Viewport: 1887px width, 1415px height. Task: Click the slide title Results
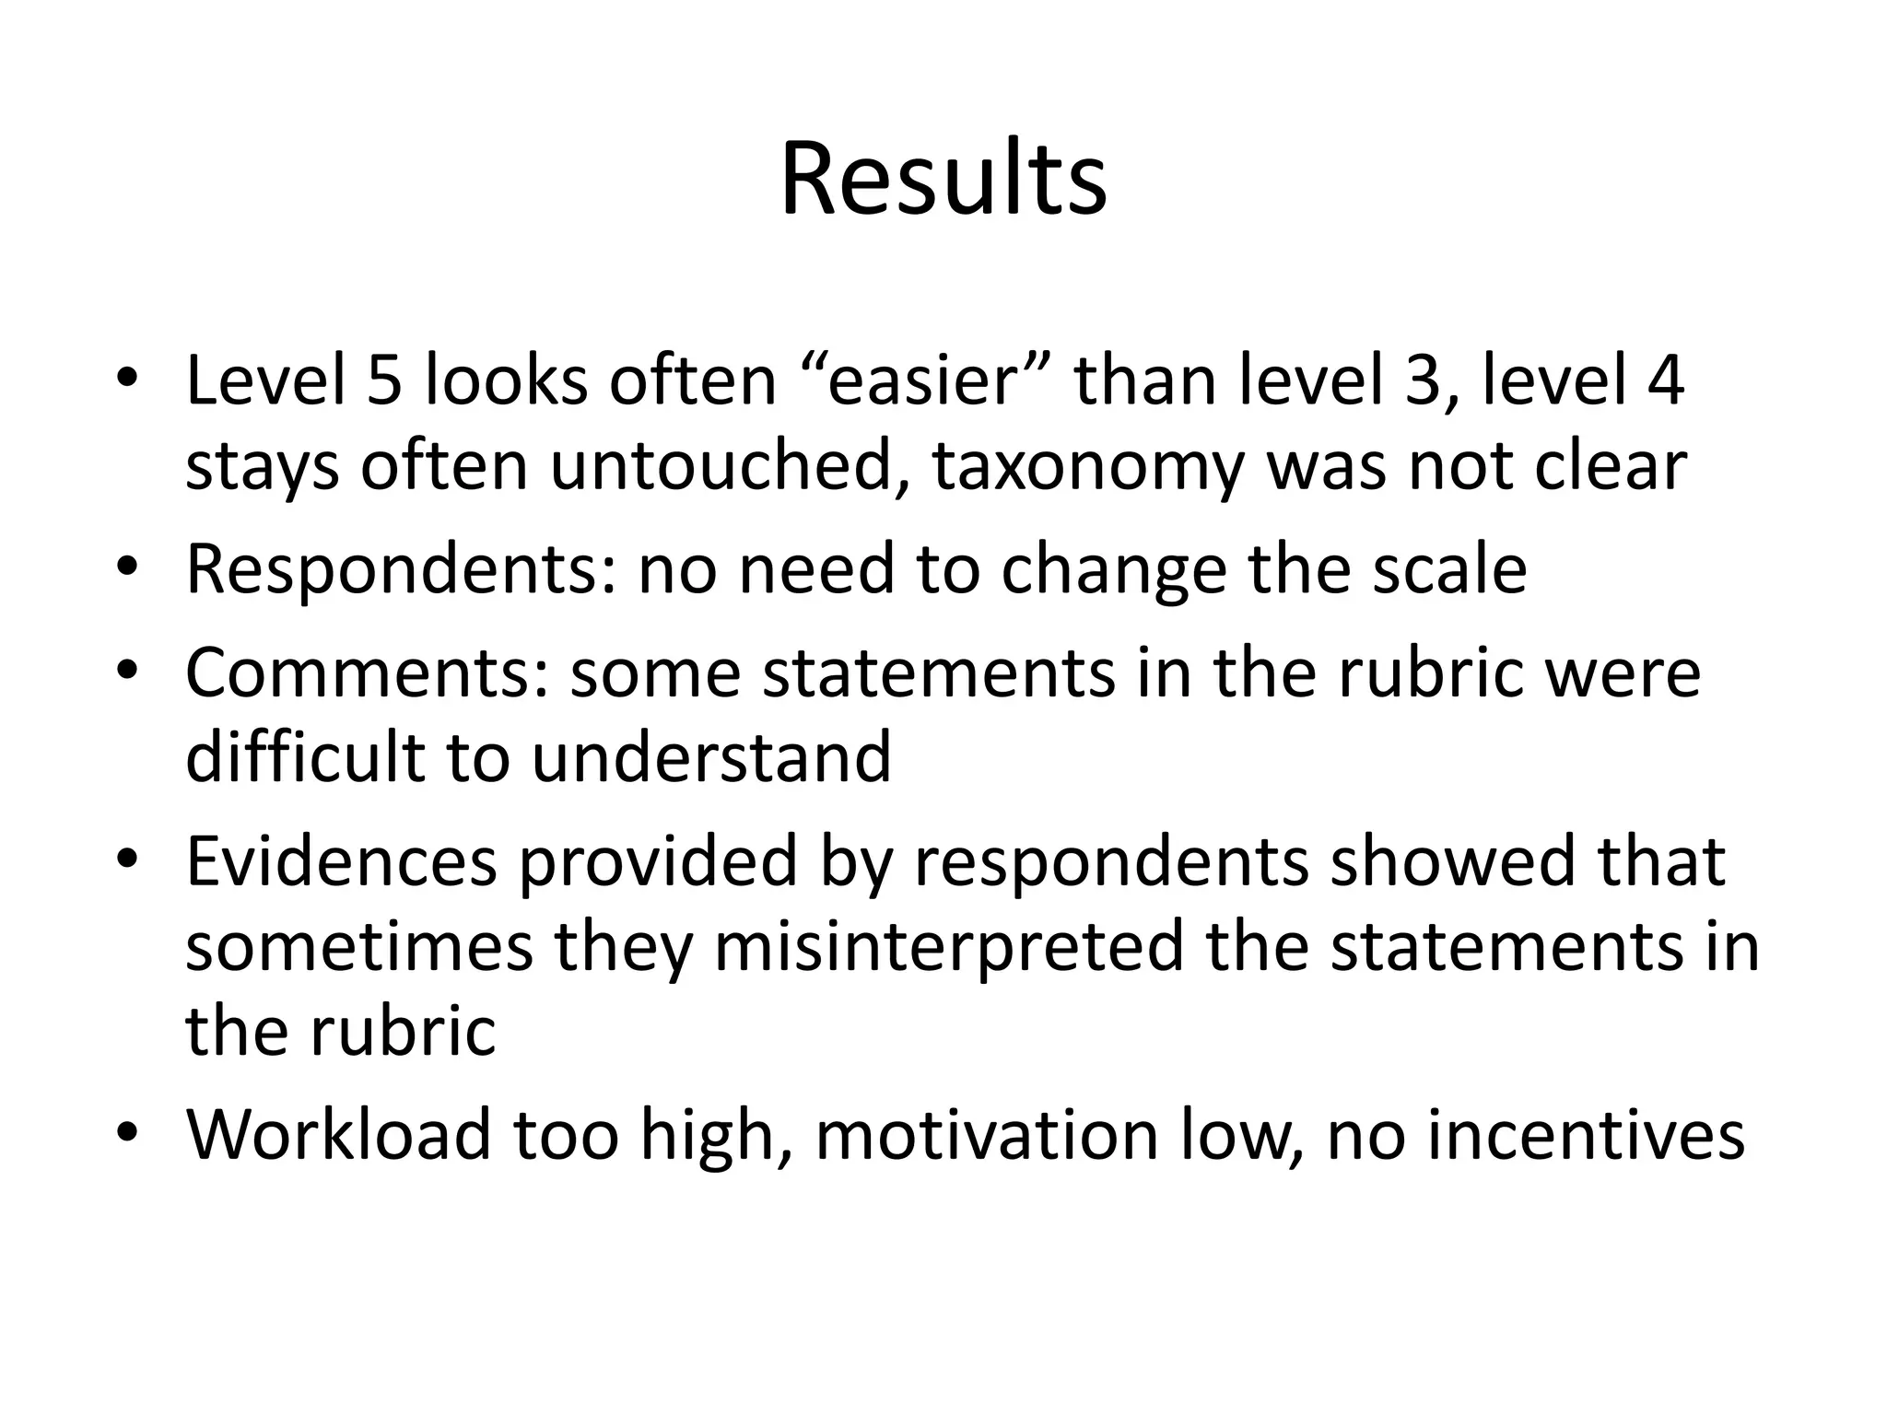point(943,180)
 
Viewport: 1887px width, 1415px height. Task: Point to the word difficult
point(305,757)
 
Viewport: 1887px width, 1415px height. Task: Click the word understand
point(711,757)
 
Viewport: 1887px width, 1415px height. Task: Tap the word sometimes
point(359,946)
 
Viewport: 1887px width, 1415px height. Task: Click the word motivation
point(986,1134)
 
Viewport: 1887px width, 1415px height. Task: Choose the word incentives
point(1586,1134)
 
